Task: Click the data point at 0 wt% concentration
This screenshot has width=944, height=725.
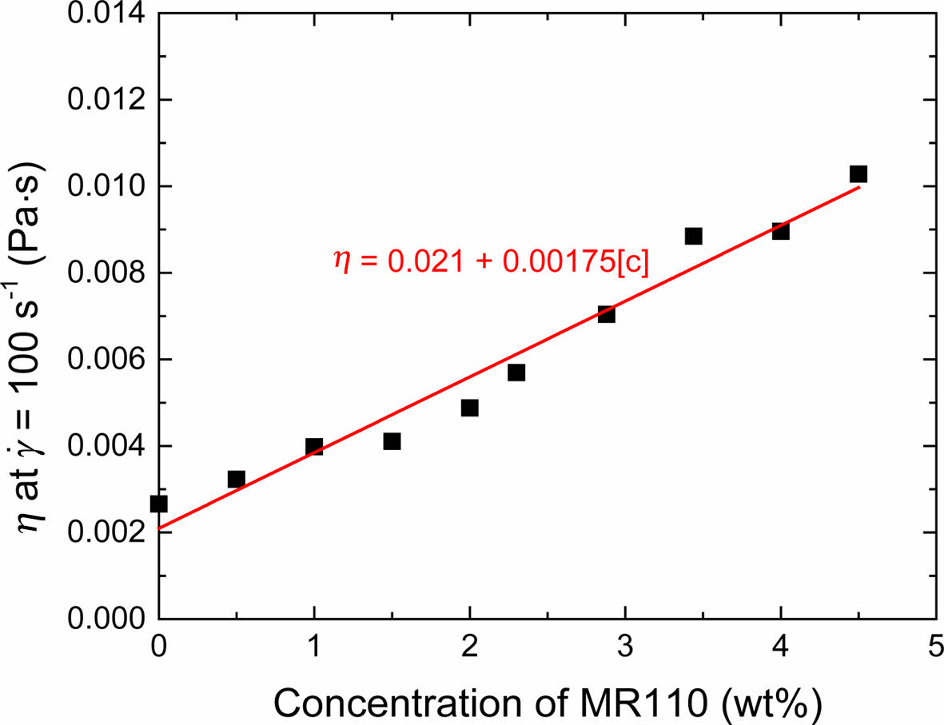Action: pos(159,504)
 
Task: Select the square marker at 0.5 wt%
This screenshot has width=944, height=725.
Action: pos(237,480)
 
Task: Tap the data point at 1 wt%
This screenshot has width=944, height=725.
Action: pos(314,447)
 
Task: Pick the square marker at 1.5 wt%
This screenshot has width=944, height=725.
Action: pos(392,441)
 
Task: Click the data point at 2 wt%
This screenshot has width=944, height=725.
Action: pos(470,408)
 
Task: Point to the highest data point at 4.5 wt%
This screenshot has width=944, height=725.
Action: pos(858,174)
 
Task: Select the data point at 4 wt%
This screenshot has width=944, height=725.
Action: pos(781,231)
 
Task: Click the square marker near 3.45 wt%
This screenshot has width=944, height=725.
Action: pos(694,236)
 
